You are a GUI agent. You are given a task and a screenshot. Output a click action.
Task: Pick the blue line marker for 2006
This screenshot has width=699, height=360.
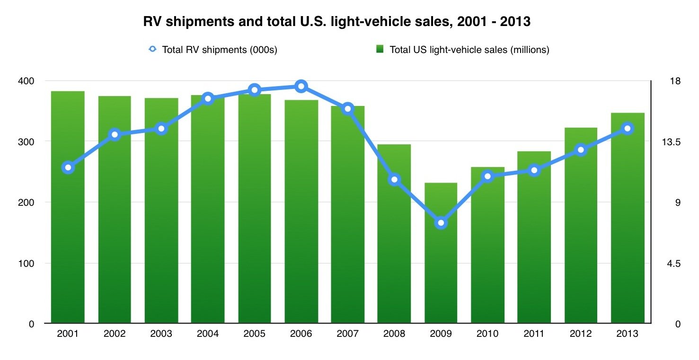click(x=301, y=86)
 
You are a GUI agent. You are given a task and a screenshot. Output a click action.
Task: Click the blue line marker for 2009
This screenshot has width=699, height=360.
click(x=441, y=223)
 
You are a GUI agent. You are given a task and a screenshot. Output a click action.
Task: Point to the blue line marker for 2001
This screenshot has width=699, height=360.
click(x=68, y=167)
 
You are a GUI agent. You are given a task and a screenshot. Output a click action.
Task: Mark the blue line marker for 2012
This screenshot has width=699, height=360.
click(x=581, y=150)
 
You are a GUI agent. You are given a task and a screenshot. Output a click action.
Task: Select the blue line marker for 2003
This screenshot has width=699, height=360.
click(x=161, y=129)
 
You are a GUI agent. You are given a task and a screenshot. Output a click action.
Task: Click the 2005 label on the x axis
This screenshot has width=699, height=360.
click(x=254, y=334)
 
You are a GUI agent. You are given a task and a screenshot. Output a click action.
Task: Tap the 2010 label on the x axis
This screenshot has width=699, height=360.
click(x=487, y=334)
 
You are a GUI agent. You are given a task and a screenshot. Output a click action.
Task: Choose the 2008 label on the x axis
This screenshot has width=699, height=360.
click(x=394, y=334)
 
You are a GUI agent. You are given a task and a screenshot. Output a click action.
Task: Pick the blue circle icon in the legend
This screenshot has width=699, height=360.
click(x=152, y=49)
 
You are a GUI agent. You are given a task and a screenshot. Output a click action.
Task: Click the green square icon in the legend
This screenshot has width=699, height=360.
click(x=379, y=49)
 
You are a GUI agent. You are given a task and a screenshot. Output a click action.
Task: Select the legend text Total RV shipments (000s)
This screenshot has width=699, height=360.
click(x=220, y=50)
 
